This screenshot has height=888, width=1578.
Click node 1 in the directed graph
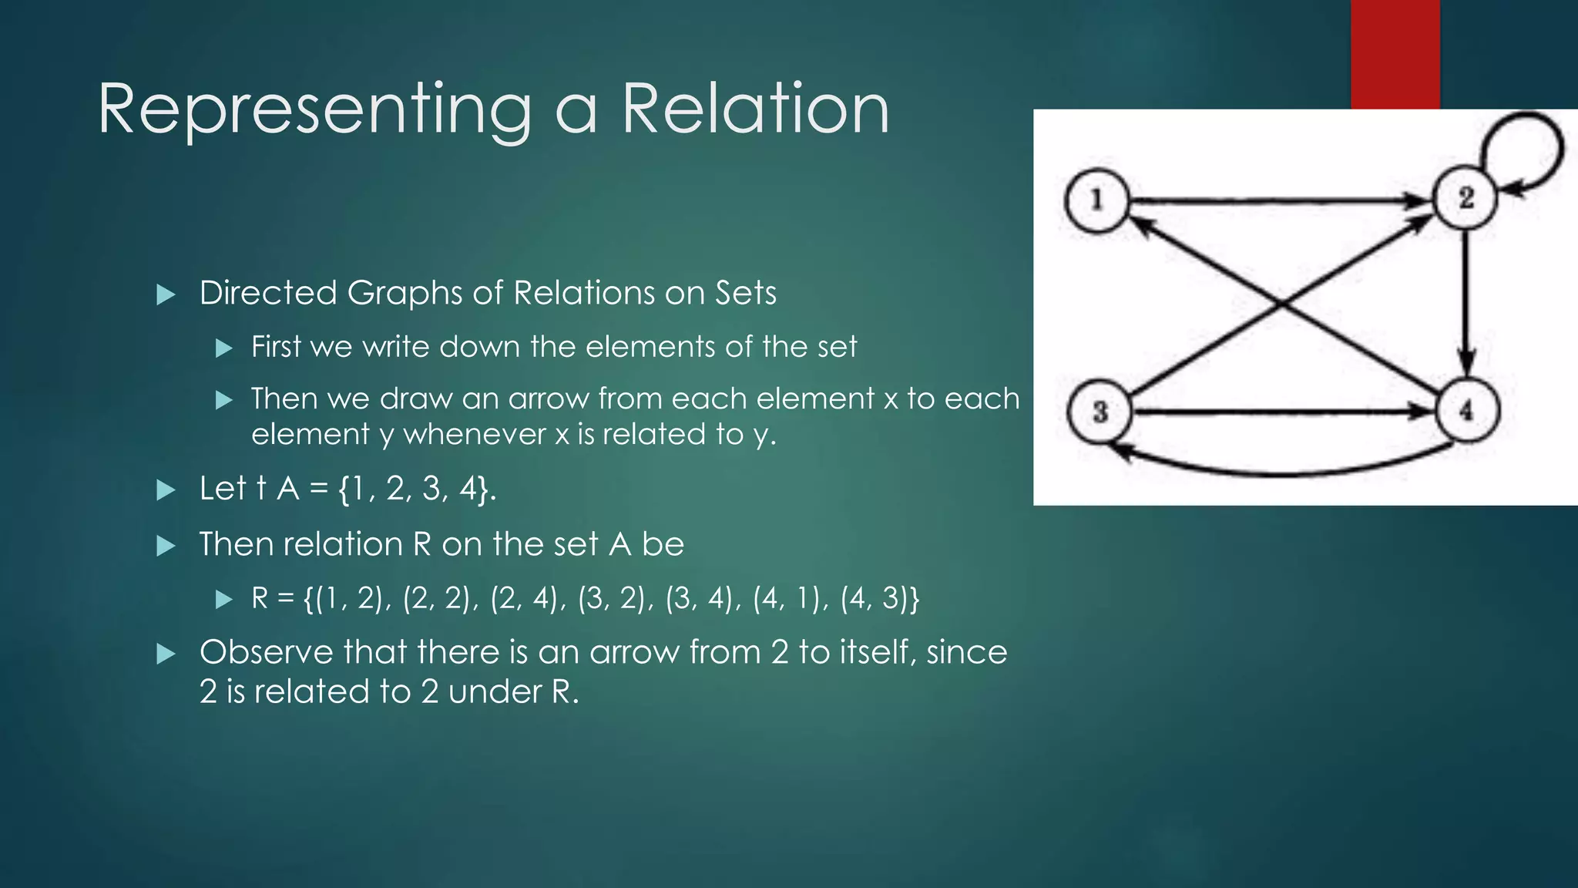[1096, 201]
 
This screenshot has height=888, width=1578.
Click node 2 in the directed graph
[1465, 198]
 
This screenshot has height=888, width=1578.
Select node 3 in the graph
[1100, 412]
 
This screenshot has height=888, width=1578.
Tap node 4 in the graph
[1466, 410]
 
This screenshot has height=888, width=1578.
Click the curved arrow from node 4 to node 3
[1279, 473]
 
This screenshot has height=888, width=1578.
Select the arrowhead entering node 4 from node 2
[1466, 362]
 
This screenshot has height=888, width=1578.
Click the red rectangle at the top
[1395, 54]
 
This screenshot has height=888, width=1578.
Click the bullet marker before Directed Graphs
[166, 294]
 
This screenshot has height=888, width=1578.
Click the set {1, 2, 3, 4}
[415, 489]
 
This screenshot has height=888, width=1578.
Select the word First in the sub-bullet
[276, 347]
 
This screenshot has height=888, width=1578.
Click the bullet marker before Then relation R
[166, 547]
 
